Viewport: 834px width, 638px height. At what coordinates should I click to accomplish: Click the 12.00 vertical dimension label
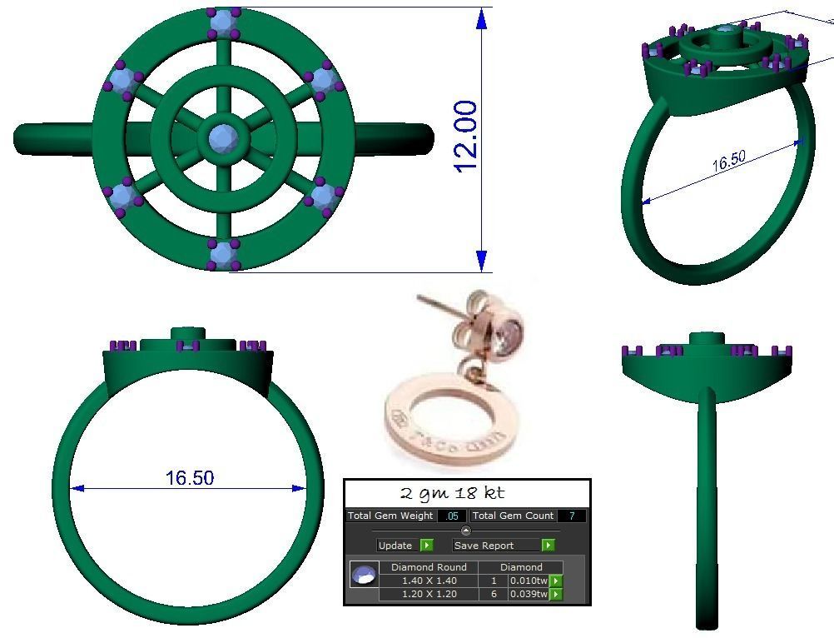pos(467,137)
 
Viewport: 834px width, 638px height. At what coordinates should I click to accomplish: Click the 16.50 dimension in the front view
pos(190,478)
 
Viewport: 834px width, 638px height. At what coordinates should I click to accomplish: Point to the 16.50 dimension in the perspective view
pos(728,162)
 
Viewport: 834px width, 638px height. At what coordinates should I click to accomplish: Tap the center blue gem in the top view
pos(222,137)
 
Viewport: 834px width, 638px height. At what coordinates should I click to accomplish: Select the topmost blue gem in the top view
pos(222,22)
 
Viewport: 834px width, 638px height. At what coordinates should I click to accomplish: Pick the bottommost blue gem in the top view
pos(222,252)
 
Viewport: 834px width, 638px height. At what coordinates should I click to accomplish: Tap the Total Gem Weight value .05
pos(452,516)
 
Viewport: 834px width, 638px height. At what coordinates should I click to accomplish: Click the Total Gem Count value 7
pos(572,516)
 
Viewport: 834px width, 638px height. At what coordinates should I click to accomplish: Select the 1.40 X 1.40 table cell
pos(429,581)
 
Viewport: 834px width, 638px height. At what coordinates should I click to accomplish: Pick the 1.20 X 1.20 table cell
pos(429,594)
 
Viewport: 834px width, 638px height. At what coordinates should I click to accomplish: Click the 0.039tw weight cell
pos(529,594)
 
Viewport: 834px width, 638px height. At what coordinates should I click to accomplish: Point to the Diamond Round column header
pos(429,567)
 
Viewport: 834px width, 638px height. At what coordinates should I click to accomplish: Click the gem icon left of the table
pos(364,576)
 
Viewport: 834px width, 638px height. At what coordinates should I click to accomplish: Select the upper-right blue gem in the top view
pos(321,80)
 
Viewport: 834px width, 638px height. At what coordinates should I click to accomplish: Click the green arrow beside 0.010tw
pos(556,581)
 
